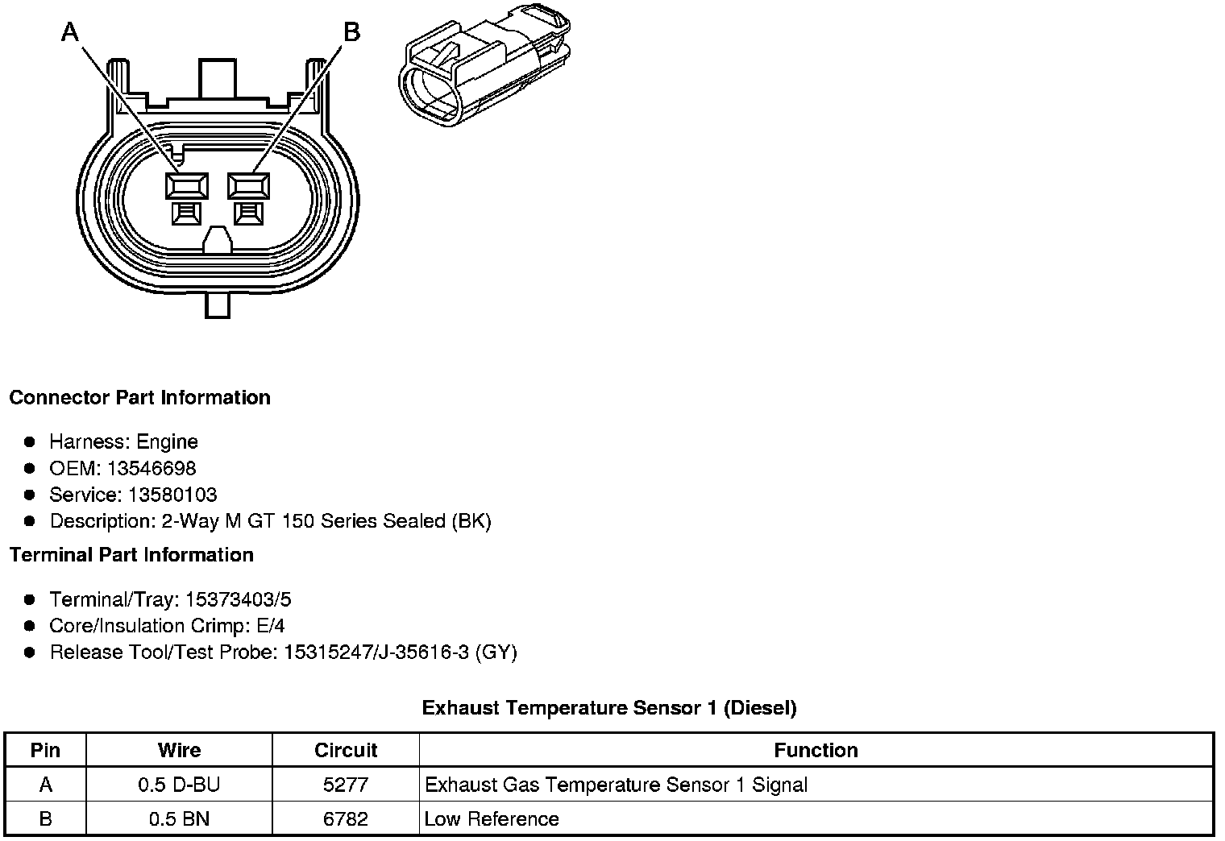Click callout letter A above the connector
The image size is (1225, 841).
click(71, 32)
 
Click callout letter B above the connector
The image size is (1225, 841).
click(351, 32)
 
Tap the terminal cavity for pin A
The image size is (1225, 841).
click(186, 187)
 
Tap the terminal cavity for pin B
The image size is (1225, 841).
click(249, 187)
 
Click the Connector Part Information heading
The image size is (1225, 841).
click(139, 398)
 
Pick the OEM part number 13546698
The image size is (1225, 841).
click(151, 468)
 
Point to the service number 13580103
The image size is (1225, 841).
click(172, 495)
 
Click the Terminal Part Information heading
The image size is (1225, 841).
click(131, 555)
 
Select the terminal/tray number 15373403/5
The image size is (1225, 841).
click(238, 599)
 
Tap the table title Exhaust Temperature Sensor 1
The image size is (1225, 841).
click(609, 708)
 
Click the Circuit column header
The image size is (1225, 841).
click(346, 750)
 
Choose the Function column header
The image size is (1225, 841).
click(816, 750)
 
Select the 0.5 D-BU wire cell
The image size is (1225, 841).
click(179, 785)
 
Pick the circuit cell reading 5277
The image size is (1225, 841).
click(346, 785)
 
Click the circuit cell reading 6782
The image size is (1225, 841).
click(346, 819)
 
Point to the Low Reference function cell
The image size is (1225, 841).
click(492, 819)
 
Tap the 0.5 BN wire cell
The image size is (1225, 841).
click(179, 819)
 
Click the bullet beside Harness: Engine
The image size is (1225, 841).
click(30, 441)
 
